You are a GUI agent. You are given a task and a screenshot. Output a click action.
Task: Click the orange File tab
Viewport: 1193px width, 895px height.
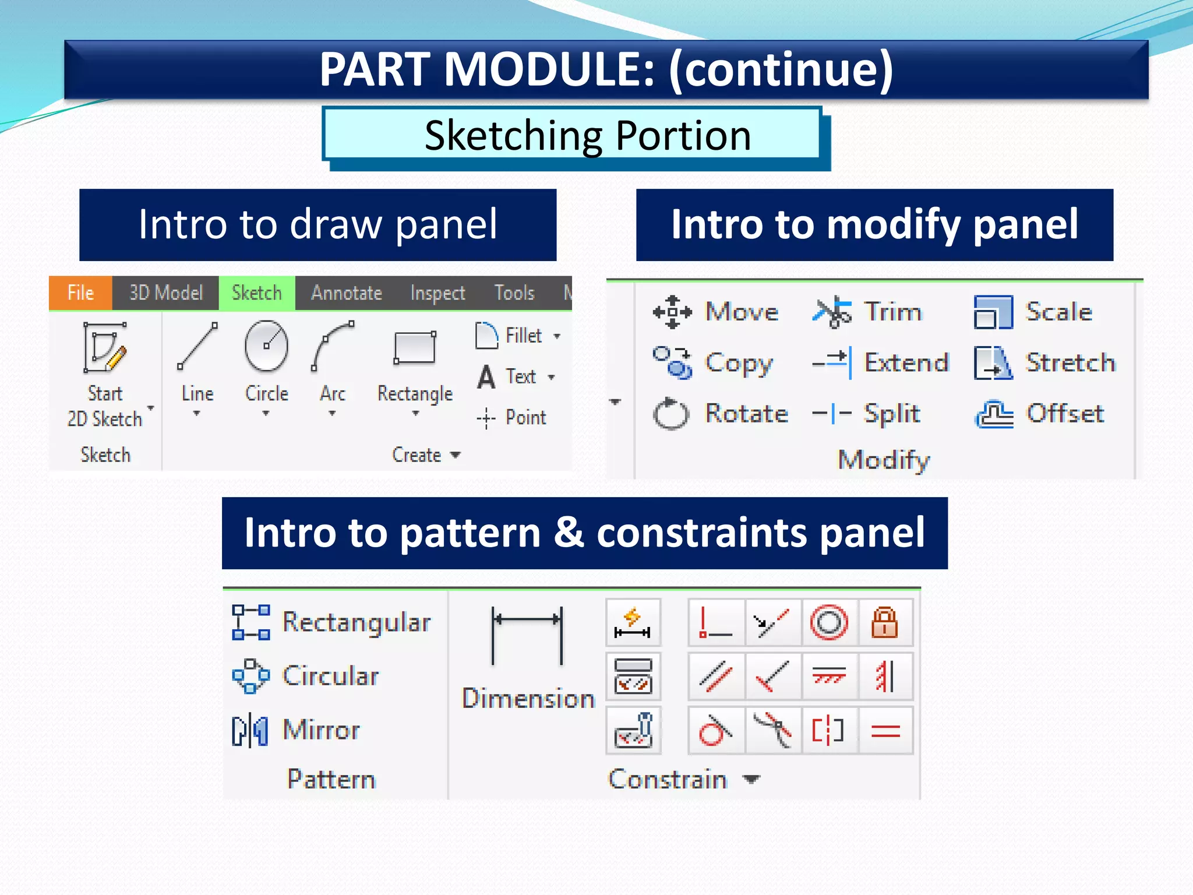pos(80,293)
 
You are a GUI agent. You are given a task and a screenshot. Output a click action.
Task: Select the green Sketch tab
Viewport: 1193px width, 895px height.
pos(256,293)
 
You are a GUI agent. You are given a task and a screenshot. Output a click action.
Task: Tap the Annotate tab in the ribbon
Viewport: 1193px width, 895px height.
pos(347,293)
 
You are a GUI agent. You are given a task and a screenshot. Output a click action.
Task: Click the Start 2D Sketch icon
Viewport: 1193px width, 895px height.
pos(105,347)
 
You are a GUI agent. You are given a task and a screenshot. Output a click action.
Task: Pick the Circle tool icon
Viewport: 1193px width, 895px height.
pos(266,346)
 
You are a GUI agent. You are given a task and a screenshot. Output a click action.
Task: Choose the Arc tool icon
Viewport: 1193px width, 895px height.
pos(333,346)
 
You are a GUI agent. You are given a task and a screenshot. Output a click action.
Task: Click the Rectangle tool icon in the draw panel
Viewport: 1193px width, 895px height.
pos(415,348)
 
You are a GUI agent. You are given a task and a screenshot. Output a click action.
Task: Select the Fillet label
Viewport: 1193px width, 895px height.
pos(523,336)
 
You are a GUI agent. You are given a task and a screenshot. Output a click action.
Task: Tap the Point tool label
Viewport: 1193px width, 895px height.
pos(525,417)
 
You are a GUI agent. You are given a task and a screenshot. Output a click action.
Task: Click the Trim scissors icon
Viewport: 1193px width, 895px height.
pos(832,312)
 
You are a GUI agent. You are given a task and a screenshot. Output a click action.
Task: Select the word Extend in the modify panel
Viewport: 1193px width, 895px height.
pos(906,362)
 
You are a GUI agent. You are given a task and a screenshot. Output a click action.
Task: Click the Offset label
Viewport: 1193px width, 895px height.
pos(1065,414)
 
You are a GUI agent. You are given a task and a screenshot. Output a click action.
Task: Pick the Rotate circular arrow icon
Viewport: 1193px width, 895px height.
pos(671,414)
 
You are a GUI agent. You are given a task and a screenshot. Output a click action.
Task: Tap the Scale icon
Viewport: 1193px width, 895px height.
pos(993,312)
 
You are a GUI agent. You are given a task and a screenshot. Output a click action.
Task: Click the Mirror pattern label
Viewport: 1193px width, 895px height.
pos(321,730)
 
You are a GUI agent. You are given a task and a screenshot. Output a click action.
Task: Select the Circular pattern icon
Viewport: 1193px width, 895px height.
pos(250,676)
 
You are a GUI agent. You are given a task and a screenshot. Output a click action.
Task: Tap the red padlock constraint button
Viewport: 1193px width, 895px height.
pos(884,623)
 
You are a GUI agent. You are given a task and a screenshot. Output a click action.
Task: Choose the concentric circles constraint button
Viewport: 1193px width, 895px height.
pos(829,623)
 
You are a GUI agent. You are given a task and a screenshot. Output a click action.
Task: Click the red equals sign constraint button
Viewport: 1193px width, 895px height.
pos(885,731)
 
